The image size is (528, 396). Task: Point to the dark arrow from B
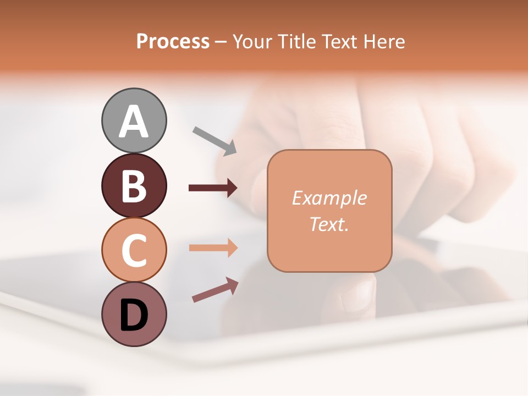pos(213,188)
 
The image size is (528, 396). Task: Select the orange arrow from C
pos(213,248)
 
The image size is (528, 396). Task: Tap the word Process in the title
pos(173,42)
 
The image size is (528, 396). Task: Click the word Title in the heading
pos(295,42)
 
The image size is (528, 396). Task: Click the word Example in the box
pos(329,198)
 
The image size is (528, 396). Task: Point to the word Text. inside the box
pos(329,224)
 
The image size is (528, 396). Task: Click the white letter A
pos(134,122)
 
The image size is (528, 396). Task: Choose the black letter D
pos(134,315)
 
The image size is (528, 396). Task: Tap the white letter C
pos(134,250)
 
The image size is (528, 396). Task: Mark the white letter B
pos(134,186)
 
